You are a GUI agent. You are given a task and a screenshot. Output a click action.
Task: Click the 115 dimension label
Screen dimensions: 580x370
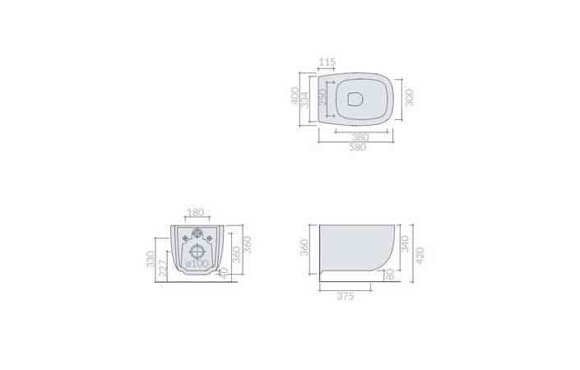pos(327,62)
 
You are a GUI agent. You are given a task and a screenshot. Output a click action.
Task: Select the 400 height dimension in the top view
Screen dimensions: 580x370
pos(295,95)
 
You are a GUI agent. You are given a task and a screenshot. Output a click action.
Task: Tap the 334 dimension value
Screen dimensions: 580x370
pos(304,99)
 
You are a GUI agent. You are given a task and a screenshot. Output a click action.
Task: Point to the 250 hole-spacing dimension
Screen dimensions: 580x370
pos(323,97)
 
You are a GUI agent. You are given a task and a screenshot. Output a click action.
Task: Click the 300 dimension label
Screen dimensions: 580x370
pos(409,98)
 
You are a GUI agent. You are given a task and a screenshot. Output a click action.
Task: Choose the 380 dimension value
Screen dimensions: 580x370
pos(360,137)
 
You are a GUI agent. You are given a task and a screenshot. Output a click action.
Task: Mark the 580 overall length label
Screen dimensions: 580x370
pos(358,147)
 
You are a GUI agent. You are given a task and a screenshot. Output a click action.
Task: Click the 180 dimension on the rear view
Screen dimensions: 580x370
pos(195,212)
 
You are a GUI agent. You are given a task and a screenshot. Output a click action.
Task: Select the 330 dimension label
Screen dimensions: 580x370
pos(151,259)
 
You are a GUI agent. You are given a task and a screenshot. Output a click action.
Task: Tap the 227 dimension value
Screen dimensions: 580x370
pos(162,268)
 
